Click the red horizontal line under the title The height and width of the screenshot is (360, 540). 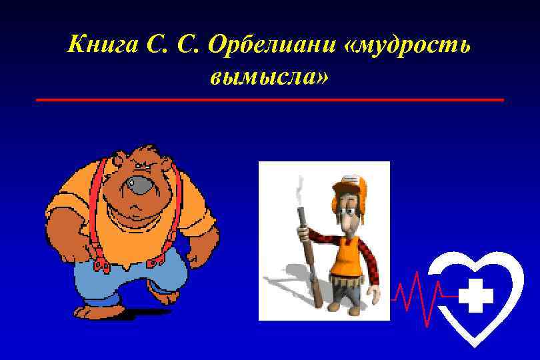[269, 100]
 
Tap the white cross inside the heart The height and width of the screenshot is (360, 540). [476, 295]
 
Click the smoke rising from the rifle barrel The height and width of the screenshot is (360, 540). [299, 190]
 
